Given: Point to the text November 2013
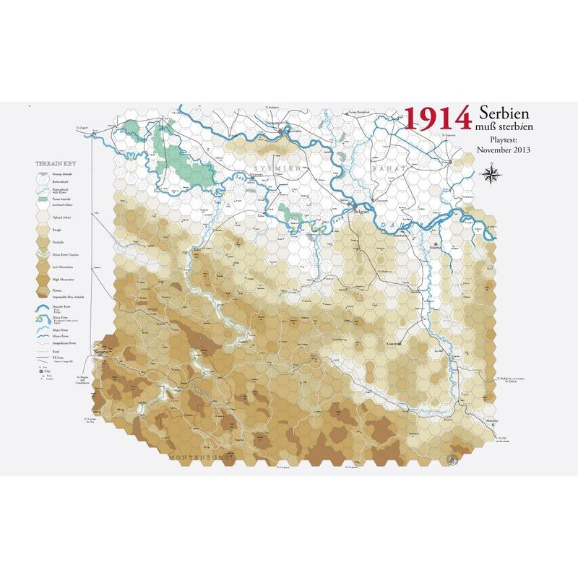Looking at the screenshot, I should (x=504, y=150).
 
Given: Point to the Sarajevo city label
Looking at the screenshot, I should (x=100, y=352).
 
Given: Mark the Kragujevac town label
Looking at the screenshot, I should (x=394, y=344).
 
